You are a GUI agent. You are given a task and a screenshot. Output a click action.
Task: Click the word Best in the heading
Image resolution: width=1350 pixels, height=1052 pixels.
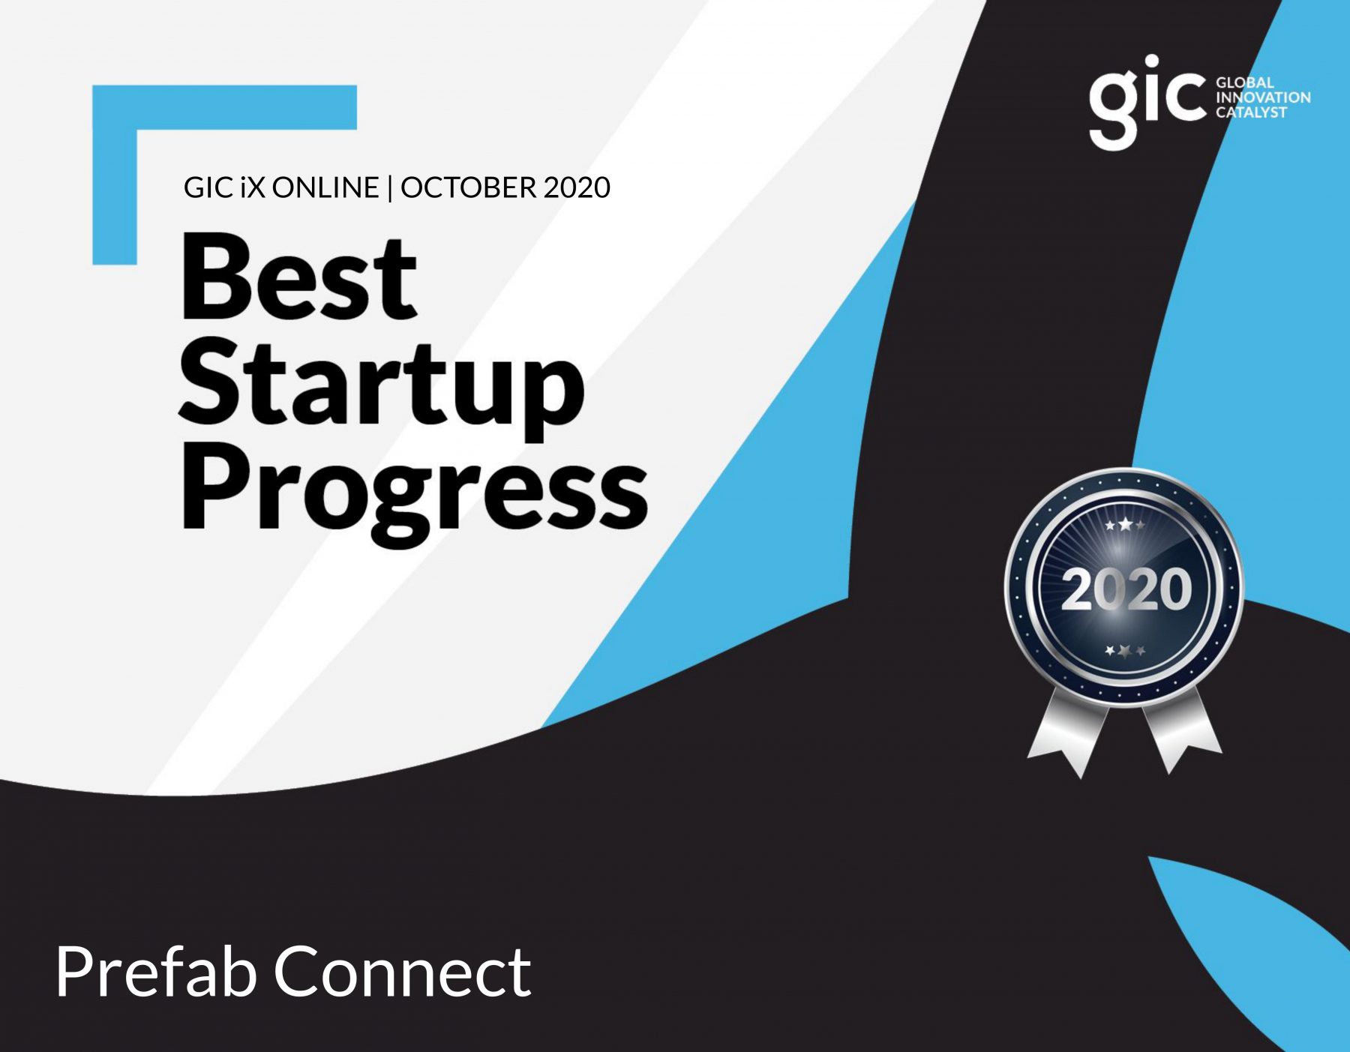[x=298, y=277]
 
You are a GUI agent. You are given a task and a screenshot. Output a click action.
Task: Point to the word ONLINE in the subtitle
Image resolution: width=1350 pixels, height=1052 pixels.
[x=325, y=187]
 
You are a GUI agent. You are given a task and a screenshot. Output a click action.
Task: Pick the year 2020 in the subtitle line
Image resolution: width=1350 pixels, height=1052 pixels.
[x=577, y=187]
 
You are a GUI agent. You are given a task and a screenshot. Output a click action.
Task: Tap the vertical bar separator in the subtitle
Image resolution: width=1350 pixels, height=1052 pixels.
[x=390, y=188]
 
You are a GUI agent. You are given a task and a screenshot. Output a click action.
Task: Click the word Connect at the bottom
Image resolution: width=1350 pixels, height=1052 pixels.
[x=403, y=972]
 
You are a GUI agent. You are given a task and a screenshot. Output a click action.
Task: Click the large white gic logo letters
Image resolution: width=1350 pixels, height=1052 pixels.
[x=1147, y=103]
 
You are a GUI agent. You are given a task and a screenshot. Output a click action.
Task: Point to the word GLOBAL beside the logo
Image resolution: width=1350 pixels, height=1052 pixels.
[x=1245, y=82]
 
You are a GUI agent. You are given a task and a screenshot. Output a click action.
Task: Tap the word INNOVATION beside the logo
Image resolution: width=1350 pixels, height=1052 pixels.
[x=1263, y=97]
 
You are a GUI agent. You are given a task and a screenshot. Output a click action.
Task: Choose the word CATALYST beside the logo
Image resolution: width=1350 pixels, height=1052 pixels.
[x=1251, y=112]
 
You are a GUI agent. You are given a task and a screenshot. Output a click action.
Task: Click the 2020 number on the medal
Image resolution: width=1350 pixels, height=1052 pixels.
[x=1126, y=589]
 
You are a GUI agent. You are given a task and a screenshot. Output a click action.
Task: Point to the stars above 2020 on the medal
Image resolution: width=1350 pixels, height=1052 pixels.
[x=1125, y=526]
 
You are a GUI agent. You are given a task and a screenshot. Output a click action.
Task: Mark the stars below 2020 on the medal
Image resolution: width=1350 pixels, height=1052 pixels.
[x=1125, y=650]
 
